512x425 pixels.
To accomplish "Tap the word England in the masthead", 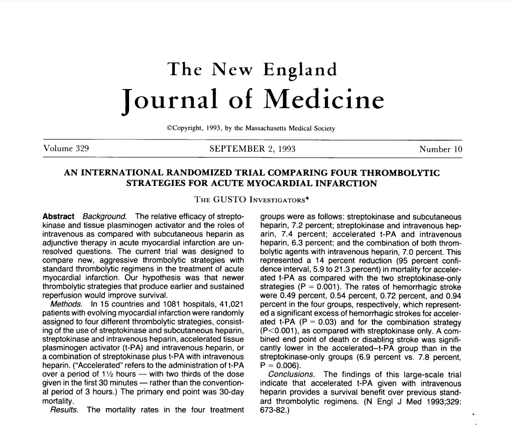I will point(300,70).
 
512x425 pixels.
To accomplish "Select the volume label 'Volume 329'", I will point(66,149).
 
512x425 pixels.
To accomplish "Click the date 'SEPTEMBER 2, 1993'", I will point(252,149).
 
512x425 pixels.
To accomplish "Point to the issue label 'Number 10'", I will point(440,149).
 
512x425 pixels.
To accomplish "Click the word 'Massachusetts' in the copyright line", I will point(258,128).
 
